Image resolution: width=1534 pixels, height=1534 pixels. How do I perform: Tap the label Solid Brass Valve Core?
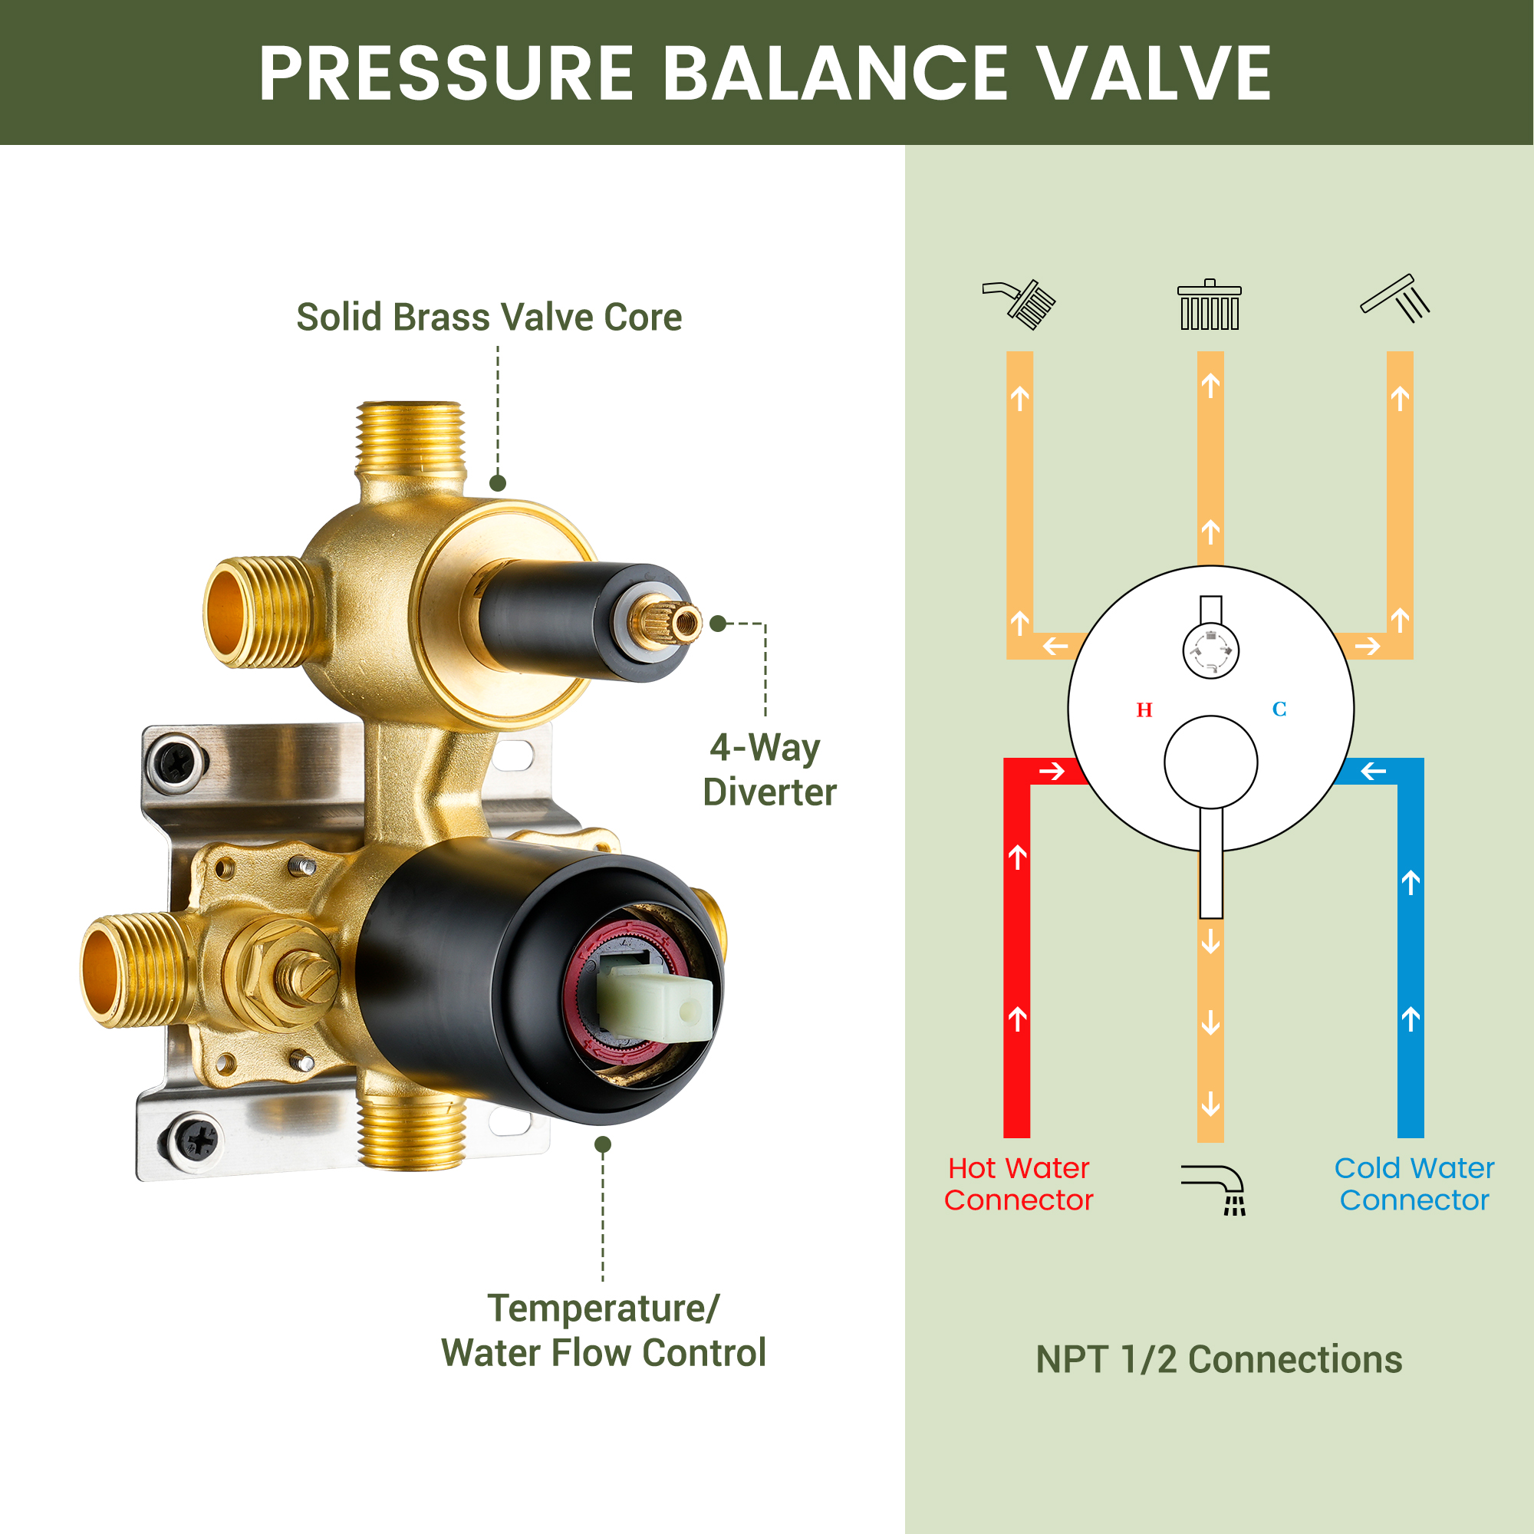click(489, 317)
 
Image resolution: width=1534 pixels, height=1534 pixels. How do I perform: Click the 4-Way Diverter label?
click(769, 769)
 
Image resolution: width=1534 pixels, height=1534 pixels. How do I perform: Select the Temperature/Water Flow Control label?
click(604, 1330)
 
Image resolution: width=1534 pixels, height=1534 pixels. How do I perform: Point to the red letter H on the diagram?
click(1144, 709)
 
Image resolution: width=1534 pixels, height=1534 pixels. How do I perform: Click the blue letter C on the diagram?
click(1279, 709)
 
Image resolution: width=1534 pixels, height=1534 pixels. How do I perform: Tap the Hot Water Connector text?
click(1019, 1183)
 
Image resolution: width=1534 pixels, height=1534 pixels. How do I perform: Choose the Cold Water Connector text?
click(1414, 1183)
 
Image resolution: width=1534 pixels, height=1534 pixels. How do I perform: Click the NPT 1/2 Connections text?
click(1219, 1359)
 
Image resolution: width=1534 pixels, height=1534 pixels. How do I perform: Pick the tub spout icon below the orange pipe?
click(1213, 1190)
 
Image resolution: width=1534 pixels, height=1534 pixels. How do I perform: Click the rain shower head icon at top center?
click(1210, 304)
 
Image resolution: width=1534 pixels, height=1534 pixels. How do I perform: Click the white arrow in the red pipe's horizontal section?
click(1052, 771)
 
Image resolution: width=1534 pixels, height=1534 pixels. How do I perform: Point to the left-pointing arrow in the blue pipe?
click(1373, 770)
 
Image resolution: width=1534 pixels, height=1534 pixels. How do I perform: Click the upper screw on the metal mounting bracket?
click(176, 763)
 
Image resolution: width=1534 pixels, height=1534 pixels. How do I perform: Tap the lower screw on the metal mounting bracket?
click(195, 1142)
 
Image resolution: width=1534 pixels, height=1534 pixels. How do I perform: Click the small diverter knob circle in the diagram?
click(1211, 650)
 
